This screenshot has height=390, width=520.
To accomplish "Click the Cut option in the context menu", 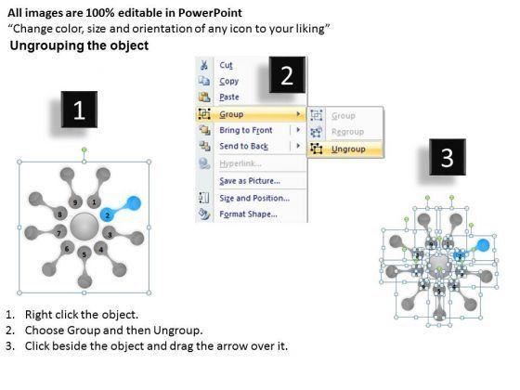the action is click(x=226, y=65).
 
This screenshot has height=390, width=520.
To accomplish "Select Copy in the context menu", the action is click(x=228, y=81).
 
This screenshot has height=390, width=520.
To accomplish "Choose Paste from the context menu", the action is click(x=229, y=97).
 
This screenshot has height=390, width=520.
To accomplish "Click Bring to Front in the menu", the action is click(x=246, y=130).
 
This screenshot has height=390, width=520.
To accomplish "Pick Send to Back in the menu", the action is click(x=243, y=146).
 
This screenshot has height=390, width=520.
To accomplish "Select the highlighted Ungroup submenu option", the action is click(x=348, y=149).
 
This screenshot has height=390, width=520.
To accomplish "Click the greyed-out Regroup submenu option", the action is click(x=347, y=132).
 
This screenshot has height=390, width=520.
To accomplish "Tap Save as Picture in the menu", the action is click(x=250, y=181).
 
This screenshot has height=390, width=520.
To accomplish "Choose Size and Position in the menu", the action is click(x=254, y=198).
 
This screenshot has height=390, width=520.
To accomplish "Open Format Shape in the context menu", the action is click(x=248, y=214).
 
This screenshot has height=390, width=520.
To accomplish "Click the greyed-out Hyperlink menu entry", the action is click(x=240, y=163).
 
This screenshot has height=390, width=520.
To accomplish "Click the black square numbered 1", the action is click(x=79, y=110).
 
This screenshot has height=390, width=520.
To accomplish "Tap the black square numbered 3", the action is click(x=448, y=157).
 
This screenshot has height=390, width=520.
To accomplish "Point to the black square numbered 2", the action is click(x=287, y=75).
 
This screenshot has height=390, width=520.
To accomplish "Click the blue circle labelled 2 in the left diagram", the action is click(x=107, y=215).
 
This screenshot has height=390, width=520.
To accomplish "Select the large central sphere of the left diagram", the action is click(x=84, y=227).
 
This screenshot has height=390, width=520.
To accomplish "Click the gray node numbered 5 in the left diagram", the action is click(x=84, y=254).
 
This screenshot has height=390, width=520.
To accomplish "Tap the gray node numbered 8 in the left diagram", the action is click(x=60, y=214).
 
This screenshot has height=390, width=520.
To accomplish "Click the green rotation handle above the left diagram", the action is click(x=84, y=149).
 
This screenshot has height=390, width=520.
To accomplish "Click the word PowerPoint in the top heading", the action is click(x=210, y=13).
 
